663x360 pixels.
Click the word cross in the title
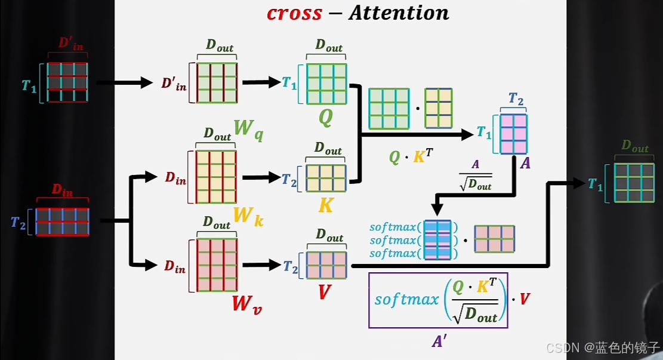click(294, 13)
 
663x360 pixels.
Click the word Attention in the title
click(398, 13)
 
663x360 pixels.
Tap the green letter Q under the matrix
click(325, 118)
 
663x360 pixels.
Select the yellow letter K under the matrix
click(326, 206)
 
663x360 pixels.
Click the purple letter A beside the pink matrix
click(525, 162)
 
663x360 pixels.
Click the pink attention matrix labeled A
click(514, 133)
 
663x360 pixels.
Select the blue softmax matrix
click(437, 240)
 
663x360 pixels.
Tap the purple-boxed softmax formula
click(438, 300)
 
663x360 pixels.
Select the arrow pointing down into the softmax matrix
click(437, 205)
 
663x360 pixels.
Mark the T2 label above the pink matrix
click(516, 99)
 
